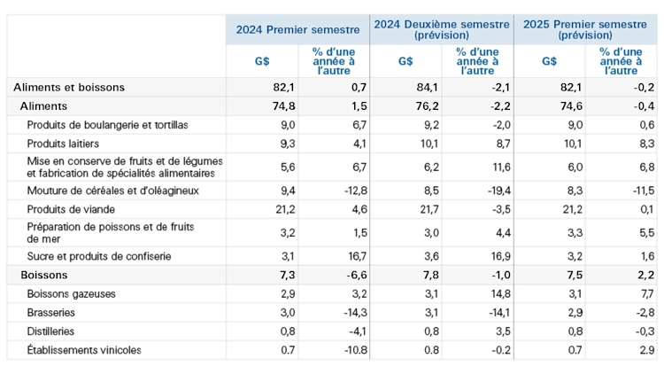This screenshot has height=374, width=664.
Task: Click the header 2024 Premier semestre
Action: pos(297,29)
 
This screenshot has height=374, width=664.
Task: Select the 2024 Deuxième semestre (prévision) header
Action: pos(441,29)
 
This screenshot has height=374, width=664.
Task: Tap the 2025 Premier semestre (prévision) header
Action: pos(584,29)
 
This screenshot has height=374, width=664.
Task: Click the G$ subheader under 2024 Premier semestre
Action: pos(262,61)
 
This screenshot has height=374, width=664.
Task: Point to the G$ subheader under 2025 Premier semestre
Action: pos(549,61)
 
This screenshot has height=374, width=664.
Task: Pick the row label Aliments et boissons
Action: pos(69,87)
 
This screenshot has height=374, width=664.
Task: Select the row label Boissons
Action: pos(44,275)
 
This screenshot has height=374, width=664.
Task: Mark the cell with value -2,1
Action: pos(500,87)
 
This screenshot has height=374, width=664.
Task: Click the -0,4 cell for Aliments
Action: pos(644,105)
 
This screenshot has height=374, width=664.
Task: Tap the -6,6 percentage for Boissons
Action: pos(357,275)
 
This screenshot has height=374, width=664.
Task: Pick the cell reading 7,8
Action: pos(430,275)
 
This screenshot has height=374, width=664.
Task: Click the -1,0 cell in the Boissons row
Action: pos(500,275)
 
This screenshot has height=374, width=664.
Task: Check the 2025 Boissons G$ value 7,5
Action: pos(574,275)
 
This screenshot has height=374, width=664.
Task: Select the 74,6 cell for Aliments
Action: pos(570,105)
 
